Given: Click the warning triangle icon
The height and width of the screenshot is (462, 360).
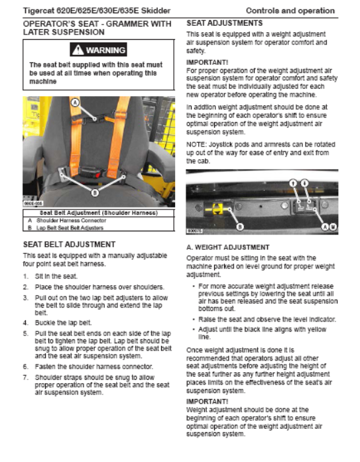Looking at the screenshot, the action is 78,50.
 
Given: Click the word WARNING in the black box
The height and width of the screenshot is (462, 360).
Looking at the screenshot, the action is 106,50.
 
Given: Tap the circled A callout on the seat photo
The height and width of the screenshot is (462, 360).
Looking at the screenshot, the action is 76,103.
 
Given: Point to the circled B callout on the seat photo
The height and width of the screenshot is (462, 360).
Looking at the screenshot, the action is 95,193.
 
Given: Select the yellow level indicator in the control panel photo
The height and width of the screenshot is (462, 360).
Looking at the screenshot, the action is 217,209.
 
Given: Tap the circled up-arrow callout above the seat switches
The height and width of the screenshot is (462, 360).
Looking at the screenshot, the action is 293,183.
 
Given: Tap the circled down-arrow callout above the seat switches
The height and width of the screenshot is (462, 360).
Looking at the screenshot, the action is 305,183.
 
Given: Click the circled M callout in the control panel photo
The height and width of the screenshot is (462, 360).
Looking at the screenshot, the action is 333,227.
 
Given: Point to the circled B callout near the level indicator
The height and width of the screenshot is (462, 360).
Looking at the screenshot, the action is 240,227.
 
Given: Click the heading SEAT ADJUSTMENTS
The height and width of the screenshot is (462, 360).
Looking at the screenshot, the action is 225,23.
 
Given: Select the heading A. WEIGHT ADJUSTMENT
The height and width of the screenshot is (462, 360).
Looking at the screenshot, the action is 227,247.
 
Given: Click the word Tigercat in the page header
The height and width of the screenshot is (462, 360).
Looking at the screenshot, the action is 37,11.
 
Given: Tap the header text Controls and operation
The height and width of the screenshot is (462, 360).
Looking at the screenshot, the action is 290,11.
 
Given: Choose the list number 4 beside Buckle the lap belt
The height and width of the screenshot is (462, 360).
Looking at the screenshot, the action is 26,323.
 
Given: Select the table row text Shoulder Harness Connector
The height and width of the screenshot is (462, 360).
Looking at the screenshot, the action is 72,220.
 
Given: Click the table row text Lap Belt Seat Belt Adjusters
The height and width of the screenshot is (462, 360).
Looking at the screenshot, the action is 70,228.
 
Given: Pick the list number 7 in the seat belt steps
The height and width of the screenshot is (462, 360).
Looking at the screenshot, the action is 26,377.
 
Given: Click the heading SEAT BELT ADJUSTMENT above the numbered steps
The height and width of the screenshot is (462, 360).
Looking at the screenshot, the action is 69,245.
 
